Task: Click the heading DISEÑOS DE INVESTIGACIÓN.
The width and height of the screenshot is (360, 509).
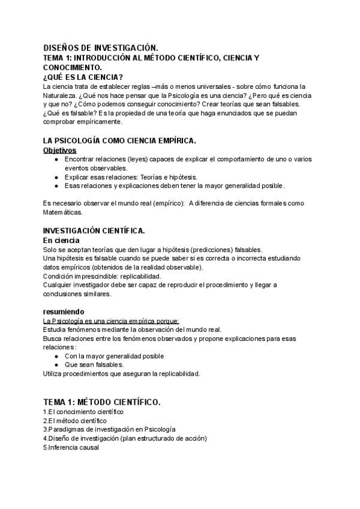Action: (101, 47)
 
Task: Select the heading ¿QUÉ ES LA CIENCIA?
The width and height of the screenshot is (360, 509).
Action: (83, 77)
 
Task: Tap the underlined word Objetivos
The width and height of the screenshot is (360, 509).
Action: (60, 150)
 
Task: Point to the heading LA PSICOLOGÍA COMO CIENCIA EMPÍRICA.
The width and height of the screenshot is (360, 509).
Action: (120, 140)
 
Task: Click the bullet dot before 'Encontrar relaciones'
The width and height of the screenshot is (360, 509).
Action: (56, 160)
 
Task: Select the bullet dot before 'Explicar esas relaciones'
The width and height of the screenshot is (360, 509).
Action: (56, 177)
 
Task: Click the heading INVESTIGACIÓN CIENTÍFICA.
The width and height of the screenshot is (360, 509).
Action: (94, 231)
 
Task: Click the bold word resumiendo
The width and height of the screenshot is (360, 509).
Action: (67, 312)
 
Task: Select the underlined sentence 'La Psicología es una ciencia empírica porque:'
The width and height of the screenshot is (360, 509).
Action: (112, 321)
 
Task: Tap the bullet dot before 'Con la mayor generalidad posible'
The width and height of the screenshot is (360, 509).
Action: (56, 356)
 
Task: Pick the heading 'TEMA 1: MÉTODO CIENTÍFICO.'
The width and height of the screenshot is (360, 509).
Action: (102, 402)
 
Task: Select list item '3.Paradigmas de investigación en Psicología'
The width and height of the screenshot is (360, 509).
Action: (109, 429)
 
